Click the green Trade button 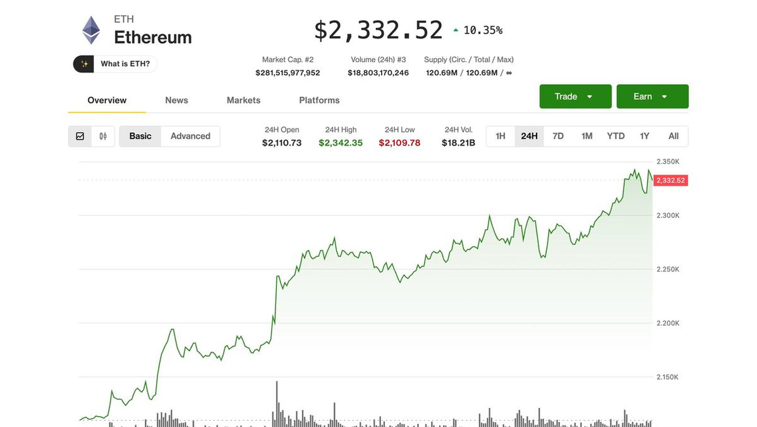575,97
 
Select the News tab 176,101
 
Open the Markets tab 243,101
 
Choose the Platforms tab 319,101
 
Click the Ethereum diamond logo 91,30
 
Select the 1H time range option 500,136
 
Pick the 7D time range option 558,136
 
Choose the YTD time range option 615,136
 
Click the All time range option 674,136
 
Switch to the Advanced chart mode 190,136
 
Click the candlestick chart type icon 103,136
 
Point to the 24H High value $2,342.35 341,143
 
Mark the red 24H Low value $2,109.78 399,143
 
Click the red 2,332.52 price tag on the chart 670,181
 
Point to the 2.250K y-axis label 668,269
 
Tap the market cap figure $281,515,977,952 288,73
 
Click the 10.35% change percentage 483,30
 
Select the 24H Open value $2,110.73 282,143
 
